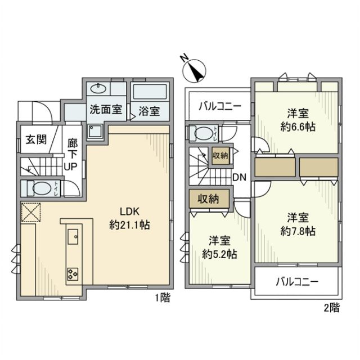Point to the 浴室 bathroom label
point(149,110)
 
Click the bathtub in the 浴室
point(148,91)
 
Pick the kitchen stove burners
point(73,274)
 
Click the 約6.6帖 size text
point(298,127)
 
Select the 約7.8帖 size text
point(298,231)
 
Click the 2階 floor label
point(331,308)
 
